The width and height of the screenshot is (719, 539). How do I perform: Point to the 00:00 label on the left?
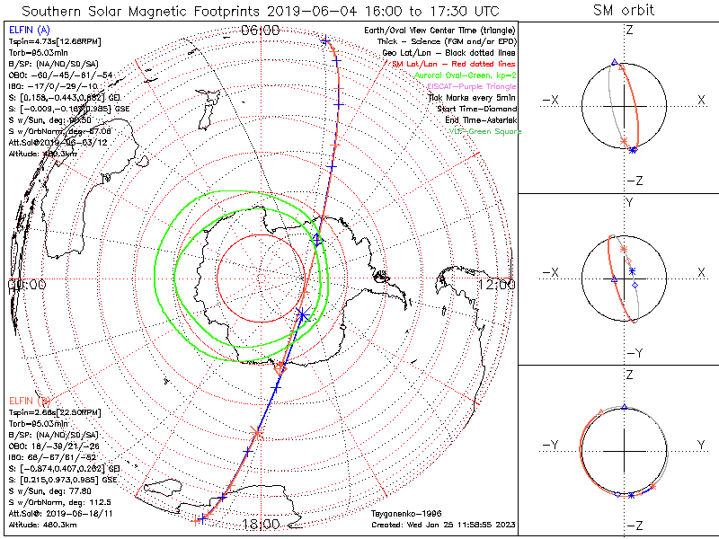[x=27, y=285]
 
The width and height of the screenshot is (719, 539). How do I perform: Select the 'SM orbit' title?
[x=624, y=11]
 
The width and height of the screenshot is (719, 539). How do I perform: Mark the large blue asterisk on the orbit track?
[x=302, y=314]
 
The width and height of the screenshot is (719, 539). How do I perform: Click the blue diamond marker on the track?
[x=316, y=240]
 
